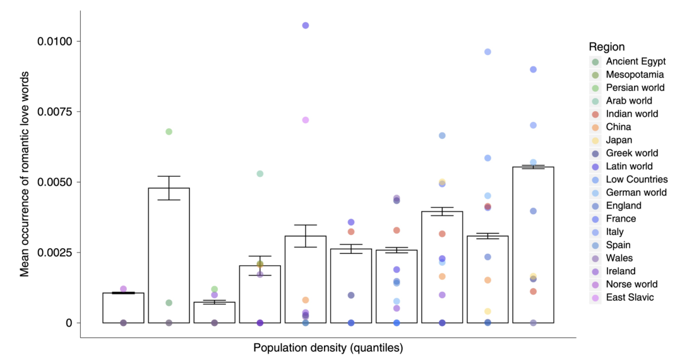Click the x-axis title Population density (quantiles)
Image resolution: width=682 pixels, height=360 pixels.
pos(328,347)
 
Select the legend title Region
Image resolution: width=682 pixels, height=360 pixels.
pos(606,47)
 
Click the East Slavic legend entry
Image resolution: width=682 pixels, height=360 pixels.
pos(630,297)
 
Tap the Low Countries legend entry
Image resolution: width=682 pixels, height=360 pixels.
pos(634,179)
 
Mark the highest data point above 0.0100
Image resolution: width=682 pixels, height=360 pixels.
pos(306,25)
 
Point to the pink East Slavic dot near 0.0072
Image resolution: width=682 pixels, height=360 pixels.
pos(306,120)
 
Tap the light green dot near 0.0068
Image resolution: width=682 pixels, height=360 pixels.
pos(169,131)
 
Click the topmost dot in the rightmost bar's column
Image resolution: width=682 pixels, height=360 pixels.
pos(533,69)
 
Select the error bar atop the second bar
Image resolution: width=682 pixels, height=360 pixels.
pos(169,188)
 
